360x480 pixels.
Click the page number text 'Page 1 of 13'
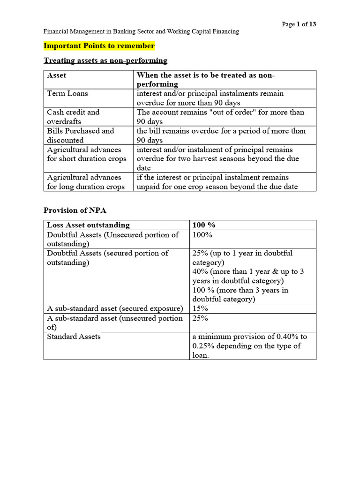(x=299, y=24)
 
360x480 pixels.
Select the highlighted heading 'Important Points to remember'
(x=99, y=46)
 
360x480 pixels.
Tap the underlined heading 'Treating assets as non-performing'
(x=105, y=60)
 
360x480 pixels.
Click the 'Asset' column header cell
(x=57, y=75)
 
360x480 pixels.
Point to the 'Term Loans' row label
(x=67, y=93)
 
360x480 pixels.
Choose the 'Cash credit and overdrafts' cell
(x=73, y=117)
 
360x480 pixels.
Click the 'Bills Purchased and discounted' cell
(x=80, y=135)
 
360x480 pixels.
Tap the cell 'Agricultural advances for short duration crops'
(x=86, y=154)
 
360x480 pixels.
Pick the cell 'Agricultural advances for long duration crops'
(x=85, y=182)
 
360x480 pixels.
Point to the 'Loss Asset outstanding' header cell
(x=88, y=225)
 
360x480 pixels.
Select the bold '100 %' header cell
(x=204, y=225)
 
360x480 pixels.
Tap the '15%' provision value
(x=200, y=308)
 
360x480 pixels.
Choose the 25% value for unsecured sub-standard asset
(x=200, y=318)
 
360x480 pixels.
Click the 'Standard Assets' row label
(x=74, y=337)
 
